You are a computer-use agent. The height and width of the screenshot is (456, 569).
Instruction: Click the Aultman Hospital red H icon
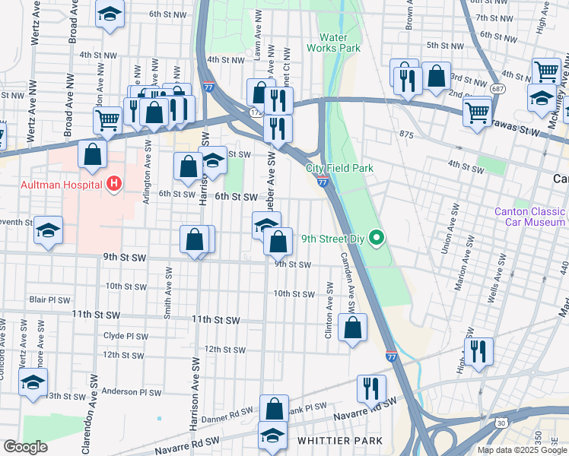[114, 183]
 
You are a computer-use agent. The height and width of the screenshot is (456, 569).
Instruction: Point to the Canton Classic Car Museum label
[530, 217]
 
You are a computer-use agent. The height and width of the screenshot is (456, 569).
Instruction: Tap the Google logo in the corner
[25, 448]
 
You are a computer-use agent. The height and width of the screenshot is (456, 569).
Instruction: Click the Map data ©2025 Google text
[522, 450]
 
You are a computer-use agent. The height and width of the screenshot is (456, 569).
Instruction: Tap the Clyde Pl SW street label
[126, 335]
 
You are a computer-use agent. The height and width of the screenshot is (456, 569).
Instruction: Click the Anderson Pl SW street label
[132, 393]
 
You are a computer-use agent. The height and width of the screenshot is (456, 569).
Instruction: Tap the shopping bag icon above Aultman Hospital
[92, 154]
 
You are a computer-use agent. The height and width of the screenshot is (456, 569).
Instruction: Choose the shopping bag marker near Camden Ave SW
[352, 328]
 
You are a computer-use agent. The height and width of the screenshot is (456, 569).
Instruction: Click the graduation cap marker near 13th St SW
[33, 383]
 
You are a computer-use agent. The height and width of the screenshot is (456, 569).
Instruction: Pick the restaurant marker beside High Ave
[478, 352]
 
